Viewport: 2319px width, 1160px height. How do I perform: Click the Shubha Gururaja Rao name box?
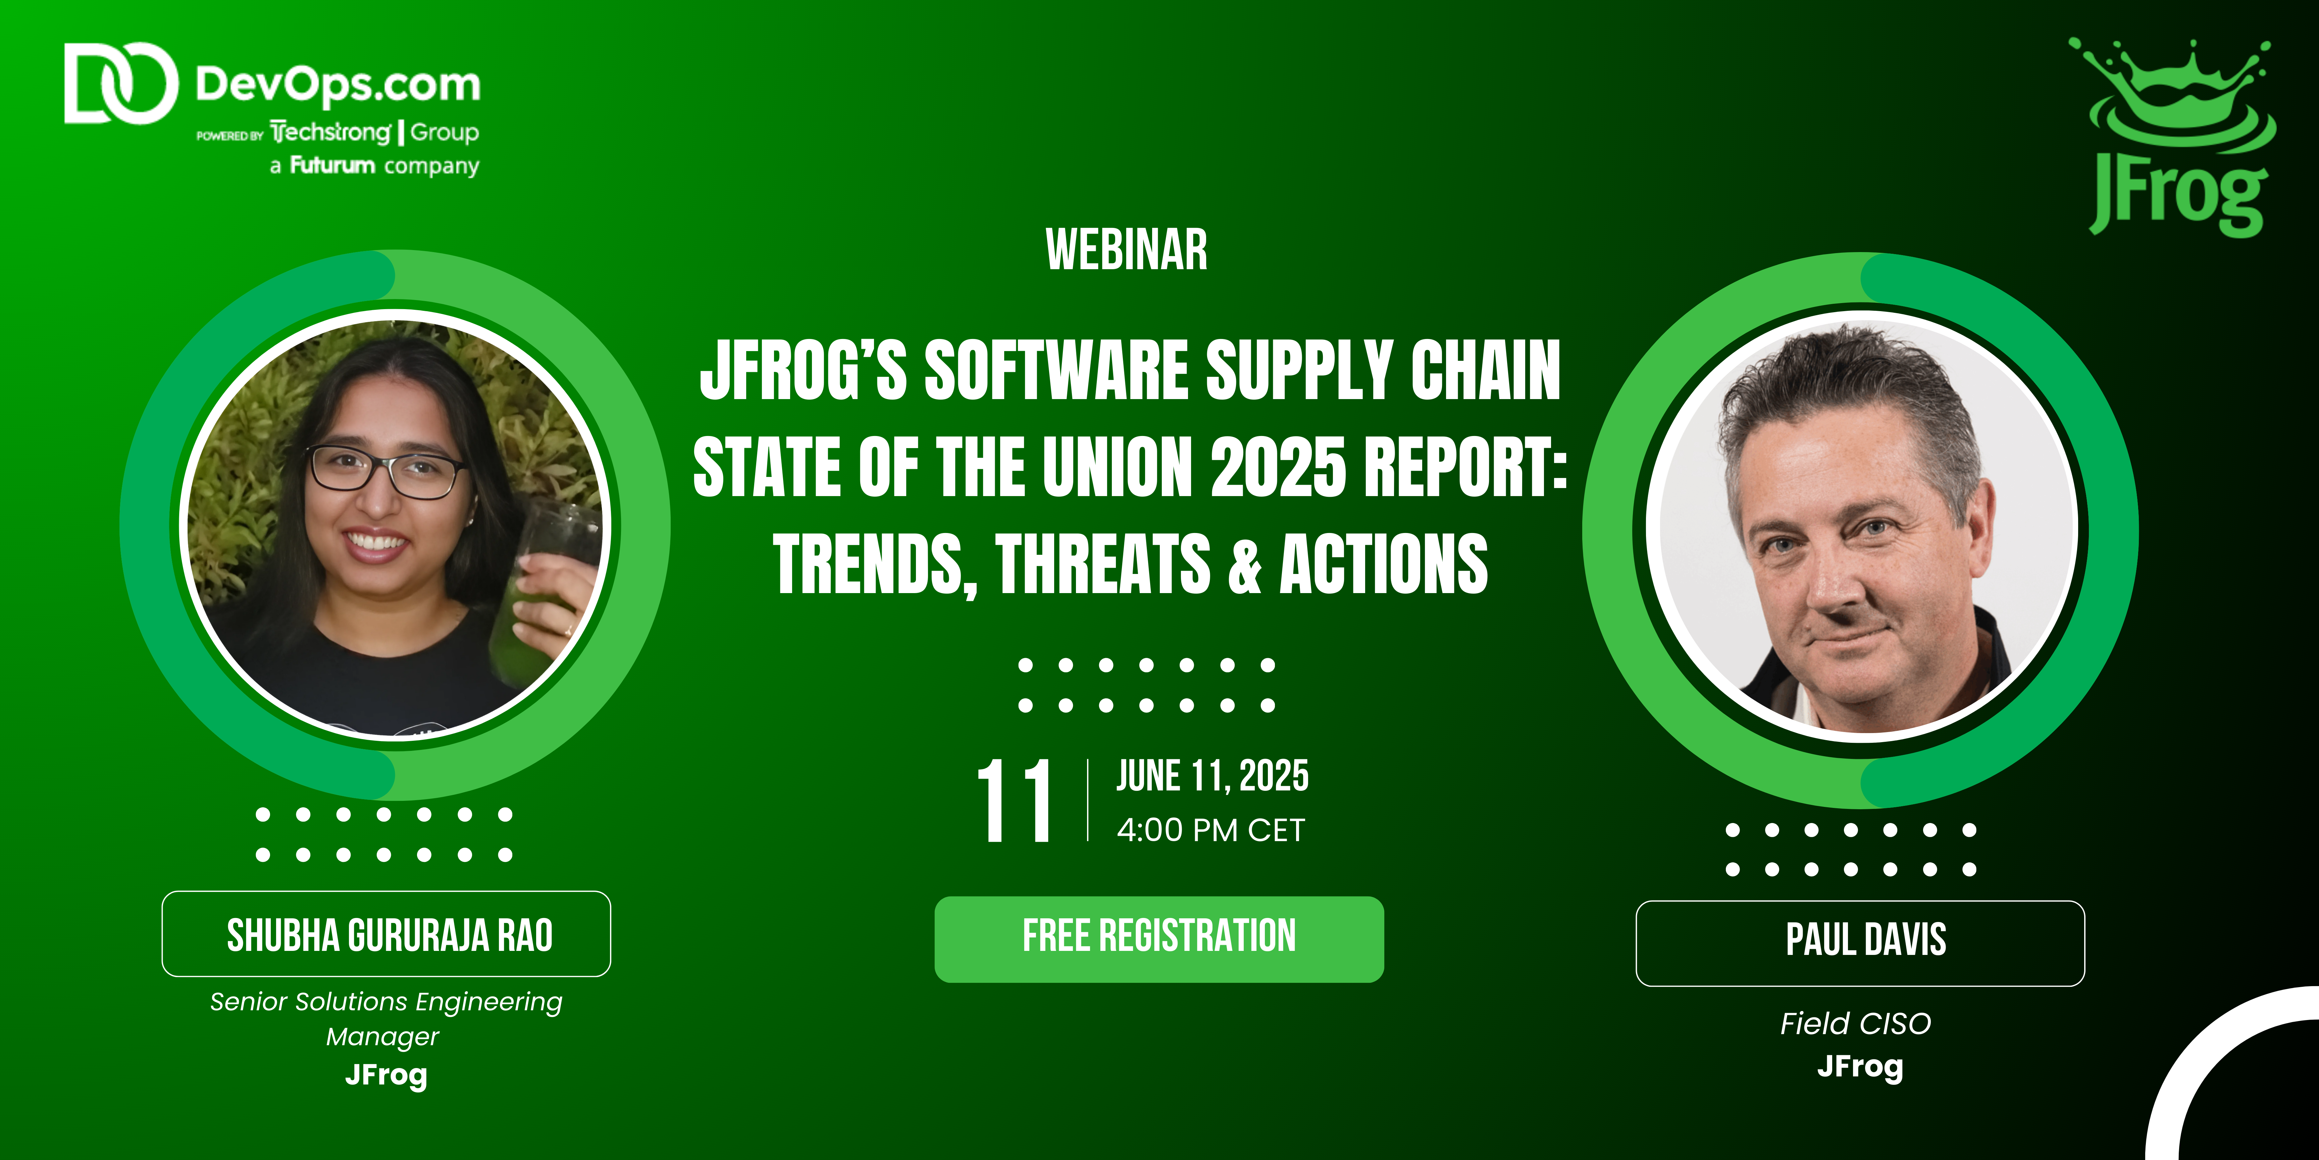tap(386, 934)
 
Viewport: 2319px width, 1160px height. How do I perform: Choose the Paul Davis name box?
tap(1860, 943)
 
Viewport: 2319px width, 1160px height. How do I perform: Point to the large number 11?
tap(1015, 800)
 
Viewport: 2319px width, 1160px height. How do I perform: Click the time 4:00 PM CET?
tap(1211, 829)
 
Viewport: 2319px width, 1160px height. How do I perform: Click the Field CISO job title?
tap(1855, 1023)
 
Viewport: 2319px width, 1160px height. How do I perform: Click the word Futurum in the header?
tap(332, 165)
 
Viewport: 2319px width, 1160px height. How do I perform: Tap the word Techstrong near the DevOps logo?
tap(330, 132)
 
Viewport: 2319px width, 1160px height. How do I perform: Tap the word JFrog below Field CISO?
tap(1860, 1066)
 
